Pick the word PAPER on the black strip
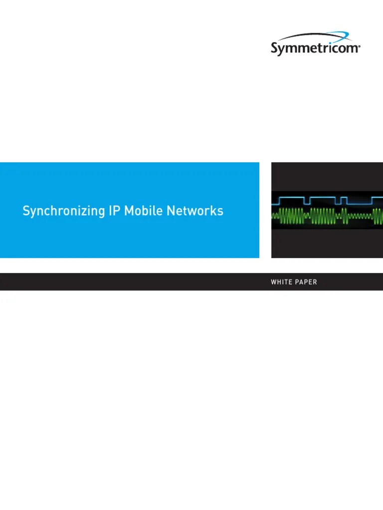306,282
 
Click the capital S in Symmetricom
275,48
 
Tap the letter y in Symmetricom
283,50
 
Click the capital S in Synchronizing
26,211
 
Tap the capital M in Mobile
129,211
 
